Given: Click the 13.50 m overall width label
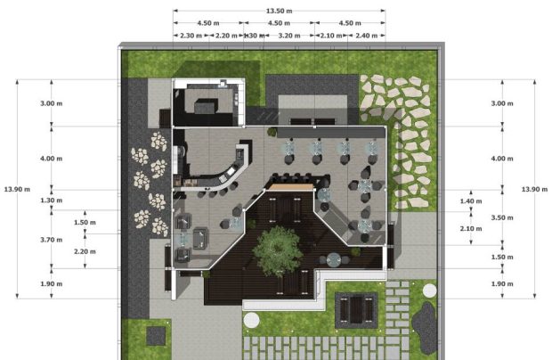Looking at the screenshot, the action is point(279,11).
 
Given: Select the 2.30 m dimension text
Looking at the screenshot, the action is point(191,36).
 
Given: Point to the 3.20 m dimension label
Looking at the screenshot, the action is point(289,36).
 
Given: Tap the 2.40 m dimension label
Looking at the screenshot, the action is point(366,36).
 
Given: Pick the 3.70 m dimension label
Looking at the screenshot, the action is point(52,240).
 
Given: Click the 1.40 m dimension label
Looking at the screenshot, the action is point(471,201).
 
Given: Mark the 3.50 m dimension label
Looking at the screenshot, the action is point(502,217).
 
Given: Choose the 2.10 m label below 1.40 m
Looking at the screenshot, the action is point(471,229).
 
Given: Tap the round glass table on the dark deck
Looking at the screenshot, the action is point(333,260).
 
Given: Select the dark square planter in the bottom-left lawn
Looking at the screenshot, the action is point(156,336).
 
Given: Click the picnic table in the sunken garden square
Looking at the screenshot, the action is point(356,310).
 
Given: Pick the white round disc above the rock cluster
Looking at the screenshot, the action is point(429,291).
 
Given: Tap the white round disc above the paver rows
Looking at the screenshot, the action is point(251,320).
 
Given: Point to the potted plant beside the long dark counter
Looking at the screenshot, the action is point(272,132).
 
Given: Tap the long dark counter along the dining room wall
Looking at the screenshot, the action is point(330,133).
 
